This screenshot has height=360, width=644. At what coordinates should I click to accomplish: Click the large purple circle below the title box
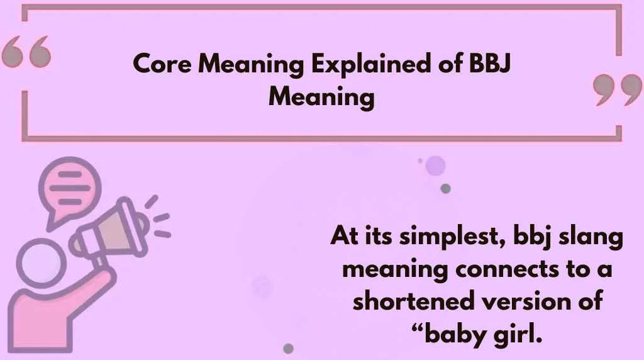point(435,166)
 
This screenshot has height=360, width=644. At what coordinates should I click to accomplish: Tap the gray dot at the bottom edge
point(289,348)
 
